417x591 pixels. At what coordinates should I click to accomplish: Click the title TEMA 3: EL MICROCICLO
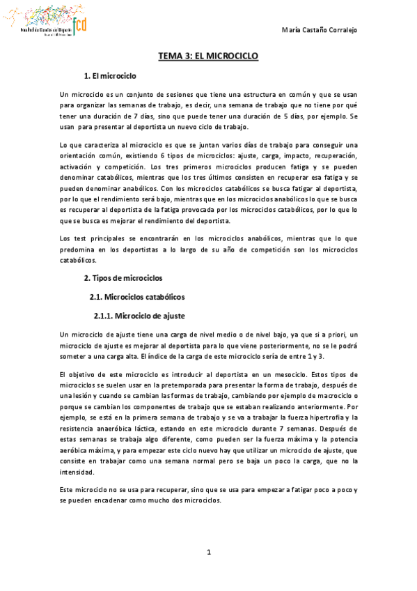(208, 56)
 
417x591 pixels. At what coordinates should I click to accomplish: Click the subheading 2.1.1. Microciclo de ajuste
(139, 315)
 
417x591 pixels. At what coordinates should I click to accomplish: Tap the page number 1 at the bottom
(208, 553)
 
